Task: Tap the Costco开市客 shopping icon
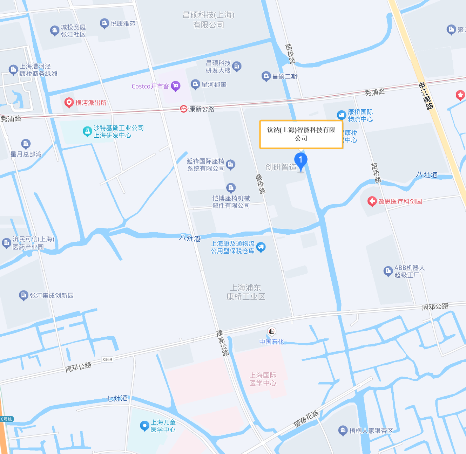click(175, 86)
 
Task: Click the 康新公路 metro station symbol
click(183, 109)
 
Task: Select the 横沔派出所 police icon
click(69, 103)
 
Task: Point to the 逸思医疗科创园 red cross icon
click(372, 201)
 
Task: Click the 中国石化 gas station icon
click(271, 331)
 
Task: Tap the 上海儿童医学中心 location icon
click(144, 426)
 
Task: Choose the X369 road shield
click(107, 359)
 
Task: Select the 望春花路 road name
click(306, 419)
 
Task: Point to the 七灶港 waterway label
click(117, 398)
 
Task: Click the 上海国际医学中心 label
click(263, 379)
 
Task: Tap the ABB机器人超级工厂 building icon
click(388, 271)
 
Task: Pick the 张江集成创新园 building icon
click(23, 295)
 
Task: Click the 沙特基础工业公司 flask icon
click(87, 131)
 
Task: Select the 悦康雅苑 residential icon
click(104, 23)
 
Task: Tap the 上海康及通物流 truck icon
click(261, 247)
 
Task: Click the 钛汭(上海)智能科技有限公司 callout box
click(301, 134)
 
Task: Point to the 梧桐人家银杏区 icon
click(343, 431)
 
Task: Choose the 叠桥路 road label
click(260, 184)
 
